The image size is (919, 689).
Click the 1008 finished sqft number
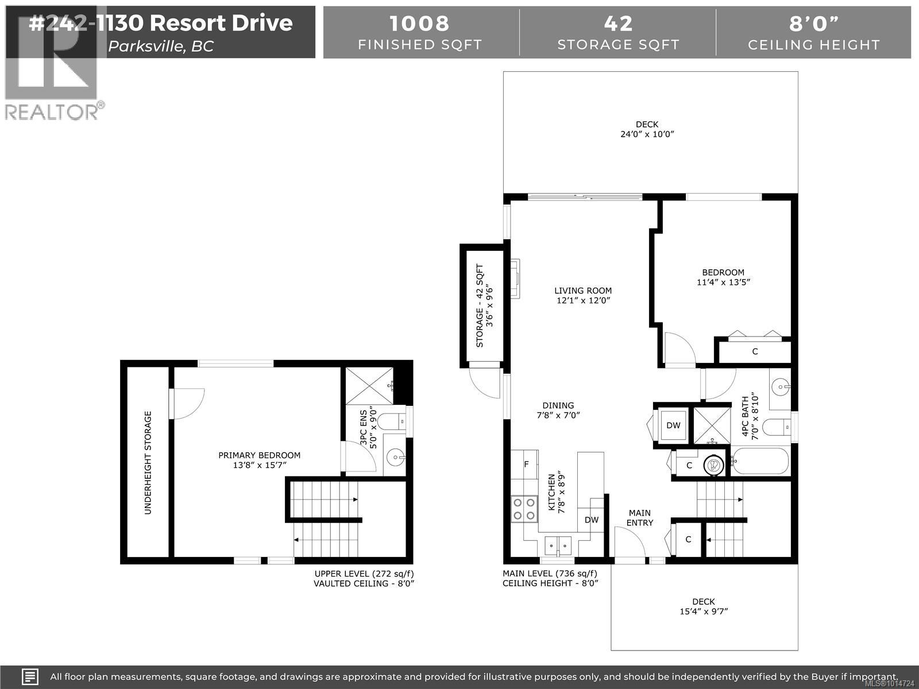tap(420, 24)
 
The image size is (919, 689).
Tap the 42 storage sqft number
tap(618, 24)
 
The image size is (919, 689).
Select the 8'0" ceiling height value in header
tap(813, 24)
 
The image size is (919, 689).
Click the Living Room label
tap(582, 291)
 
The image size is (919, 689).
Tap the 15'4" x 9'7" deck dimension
tap(703, 611)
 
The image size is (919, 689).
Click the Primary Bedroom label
tap(259, 455)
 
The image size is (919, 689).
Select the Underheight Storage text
tap(148, 462)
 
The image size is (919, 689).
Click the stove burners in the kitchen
tap(524, 509)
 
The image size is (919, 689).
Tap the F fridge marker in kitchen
tap(526, 464)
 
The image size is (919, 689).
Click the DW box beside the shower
tap(673, 425)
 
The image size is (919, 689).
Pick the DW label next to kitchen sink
tap(592, 520)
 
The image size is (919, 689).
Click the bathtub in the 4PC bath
tap(759, 460)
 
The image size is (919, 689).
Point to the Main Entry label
tap(639, 517)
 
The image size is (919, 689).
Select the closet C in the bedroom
tap(755, 351)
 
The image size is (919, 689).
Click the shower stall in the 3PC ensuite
tap(368, 385)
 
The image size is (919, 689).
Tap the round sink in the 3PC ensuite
tap(395, 458)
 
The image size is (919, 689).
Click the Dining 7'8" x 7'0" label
tap(558, 410)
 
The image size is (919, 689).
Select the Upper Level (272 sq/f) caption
tap(364, 574)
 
